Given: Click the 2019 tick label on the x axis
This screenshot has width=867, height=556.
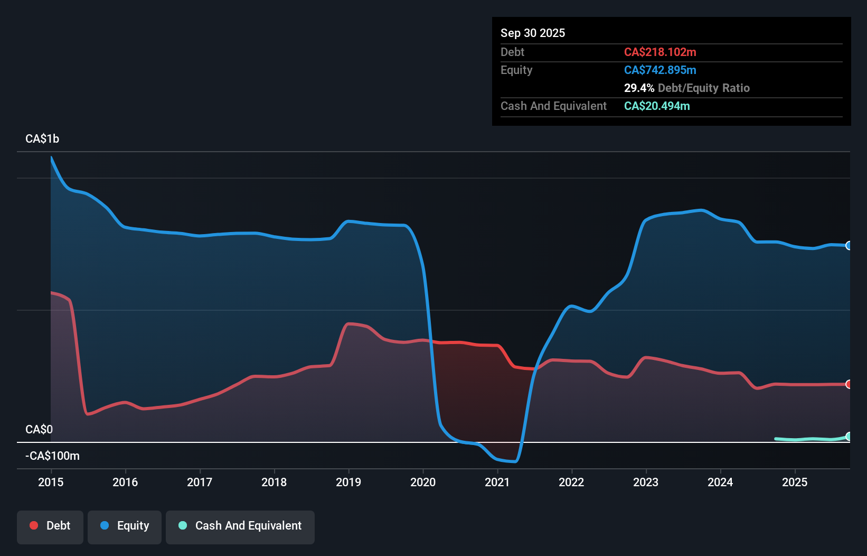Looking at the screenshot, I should (348, 482).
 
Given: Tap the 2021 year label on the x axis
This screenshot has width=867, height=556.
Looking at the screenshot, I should (497, 482).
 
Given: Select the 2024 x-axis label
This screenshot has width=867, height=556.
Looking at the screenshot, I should (720, 482).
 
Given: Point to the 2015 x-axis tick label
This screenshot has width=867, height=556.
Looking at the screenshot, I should (51, 482).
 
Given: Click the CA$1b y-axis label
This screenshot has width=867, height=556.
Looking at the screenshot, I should (42, 138).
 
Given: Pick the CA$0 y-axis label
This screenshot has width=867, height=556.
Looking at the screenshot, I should (39, 429).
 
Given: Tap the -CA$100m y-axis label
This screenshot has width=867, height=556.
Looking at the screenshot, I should (52, 456).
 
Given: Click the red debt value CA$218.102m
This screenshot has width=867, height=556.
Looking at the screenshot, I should (660, 52).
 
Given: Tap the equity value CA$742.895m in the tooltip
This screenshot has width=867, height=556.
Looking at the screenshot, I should (660, 70).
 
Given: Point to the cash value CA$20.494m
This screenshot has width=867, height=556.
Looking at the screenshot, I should (657, 106).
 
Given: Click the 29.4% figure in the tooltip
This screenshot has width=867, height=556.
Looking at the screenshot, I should (639, 88).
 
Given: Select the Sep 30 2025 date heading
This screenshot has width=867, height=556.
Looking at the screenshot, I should (533, 33).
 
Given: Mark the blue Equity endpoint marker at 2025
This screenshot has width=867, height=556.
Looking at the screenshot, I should (849, 245).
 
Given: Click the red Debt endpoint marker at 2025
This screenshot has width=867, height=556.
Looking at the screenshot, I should (849, 384).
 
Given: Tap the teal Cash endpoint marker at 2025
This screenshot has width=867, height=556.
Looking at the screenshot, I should (849, 437).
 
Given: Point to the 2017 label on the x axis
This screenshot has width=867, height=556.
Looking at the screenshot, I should (200, 482).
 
